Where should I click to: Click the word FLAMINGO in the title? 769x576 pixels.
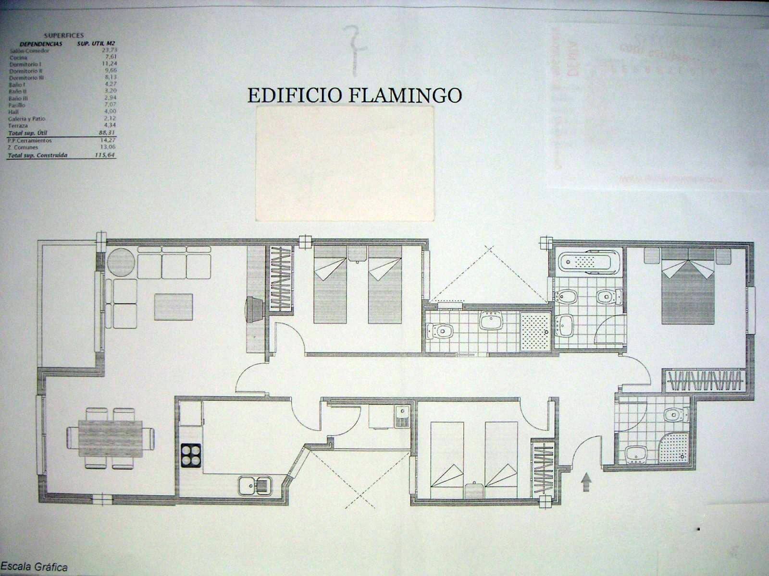tap(405, 95)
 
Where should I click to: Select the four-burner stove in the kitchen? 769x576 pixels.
tap(191, 455)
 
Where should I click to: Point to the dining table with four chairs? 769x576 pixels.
tap(111, 438)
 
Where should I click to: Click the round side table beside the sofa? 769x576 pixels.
tap(121, 263)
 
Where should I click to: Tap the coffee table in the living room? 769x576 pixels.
tap(174, 307)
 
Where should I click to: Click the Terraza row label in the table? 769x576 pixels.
tap(18, 126)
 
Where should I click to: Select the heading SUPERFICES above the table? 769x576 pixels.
tap(63, 36)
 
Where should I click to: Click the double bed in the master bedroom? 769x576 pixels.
tap(687, 293)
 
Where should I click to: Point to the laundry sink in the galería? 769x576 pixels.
tap(401, 415)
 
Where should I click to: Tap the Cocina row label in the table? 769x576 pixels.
tap(18, 57)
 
